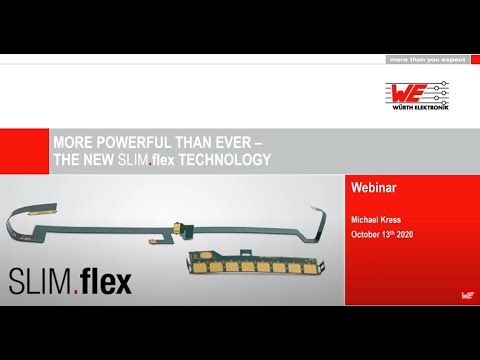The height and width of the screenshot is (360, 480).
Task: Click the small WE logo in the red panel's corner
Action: (468, 296)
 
